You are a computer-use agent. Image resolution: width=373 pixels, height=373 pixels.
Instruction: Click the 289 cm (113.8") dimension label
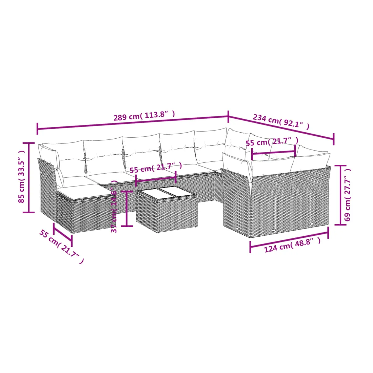(x=144, y=116)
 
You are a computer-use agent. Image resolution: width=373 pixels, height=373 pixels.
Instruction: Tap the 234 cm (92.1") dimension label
(x=281, y=121)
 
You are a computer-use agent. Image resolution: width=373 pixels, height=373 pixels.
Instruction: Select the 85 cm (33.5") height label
(x=21, y=176)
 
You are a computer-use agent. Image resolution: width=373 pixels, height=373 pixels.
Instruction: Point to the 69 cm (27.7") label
(x=347, y=195)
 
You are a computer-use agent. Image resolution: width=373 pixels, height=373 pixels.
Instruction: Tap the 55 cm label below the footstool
(x=61, y=247)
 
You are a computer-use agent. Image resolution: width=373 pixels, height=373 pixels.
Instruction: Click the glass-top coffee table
(x=167, y=209)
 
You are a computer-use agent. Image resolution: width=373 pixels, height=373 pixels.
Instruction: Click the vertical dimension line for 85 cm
(x=29, y=177)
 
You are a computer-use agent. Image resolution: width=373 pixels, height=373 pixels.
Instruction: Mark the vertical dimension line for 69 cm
(x=340, y=195)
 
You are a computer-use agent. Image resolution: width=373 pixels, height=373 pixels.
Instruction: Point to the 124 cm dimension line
(x=289, y=239)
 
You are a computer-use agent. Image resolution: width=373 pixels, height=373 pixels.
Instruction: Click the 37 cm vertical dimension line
(x=126, y=209)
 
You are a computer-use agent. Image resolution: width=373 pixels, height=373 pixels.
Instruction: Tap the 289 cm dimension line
(x=133, y=122)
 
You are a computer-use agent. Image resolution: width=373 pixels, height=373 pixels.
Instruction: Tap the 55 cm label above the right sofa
(x=272, y=141)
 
